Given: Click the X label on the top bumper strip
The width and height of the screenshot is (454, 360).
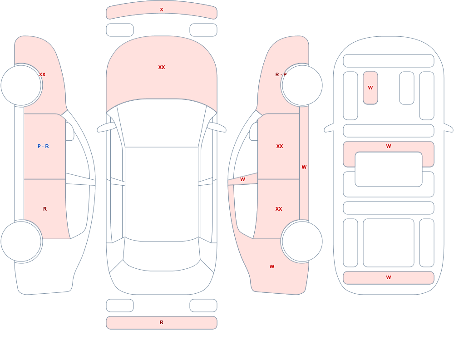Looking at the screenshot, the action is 162,10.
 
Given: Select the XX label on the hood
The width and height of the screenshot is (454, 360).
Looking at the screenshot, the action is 162,67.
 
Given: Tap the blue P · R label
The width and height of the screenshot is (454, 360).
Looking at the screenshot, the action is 43,146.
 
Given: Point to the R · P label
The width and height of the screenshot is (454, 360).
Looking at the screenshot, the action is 281,74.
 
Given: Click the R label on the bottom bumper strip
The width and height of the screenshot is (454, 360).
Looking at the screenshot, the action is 162,322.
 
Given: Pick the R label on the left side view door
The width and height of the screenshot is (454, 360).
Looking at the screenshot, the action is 45,209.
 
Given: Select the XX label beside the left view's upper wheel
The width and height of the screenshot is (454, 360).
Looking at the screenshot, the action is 42,74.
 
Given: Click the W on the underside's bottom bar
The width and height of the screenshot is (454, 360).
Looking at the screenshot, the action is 389,277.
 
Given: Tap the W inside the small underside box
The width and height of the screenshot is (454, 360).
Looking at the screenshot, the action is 370,88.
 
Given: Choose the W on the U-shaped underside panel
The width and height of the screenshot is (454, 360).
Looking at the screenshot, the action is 389,146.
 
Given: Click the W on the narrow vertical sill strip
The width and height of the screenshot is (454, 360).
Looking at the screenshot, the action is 304,167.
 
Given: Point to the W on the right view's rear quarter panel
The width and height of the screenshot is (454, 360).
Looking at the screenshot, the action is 272,266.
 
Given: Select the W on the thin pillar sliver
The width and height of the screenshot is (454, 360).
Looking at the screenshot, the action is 242,180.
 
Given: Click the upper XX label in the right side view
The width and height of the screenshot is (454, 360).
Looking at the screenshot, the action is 280,146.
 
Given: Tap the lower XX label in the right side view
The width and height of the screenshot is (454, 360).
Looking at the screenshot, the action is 279,209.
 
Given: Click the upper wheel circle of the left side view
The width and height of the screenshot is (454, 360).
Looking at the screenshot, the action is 21,85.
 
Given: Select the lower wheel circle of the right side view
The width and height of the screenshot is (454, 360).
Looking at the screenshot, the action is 302,241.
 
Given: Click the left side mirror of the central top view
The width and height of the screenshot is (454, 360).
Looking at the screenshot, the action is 106,127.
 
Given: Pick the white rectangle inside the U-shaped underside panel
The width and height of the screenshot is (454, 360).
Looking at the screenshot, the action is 389,169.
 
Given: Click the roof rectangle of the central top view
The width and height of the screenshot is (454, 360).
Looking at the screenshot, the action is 162,194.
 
